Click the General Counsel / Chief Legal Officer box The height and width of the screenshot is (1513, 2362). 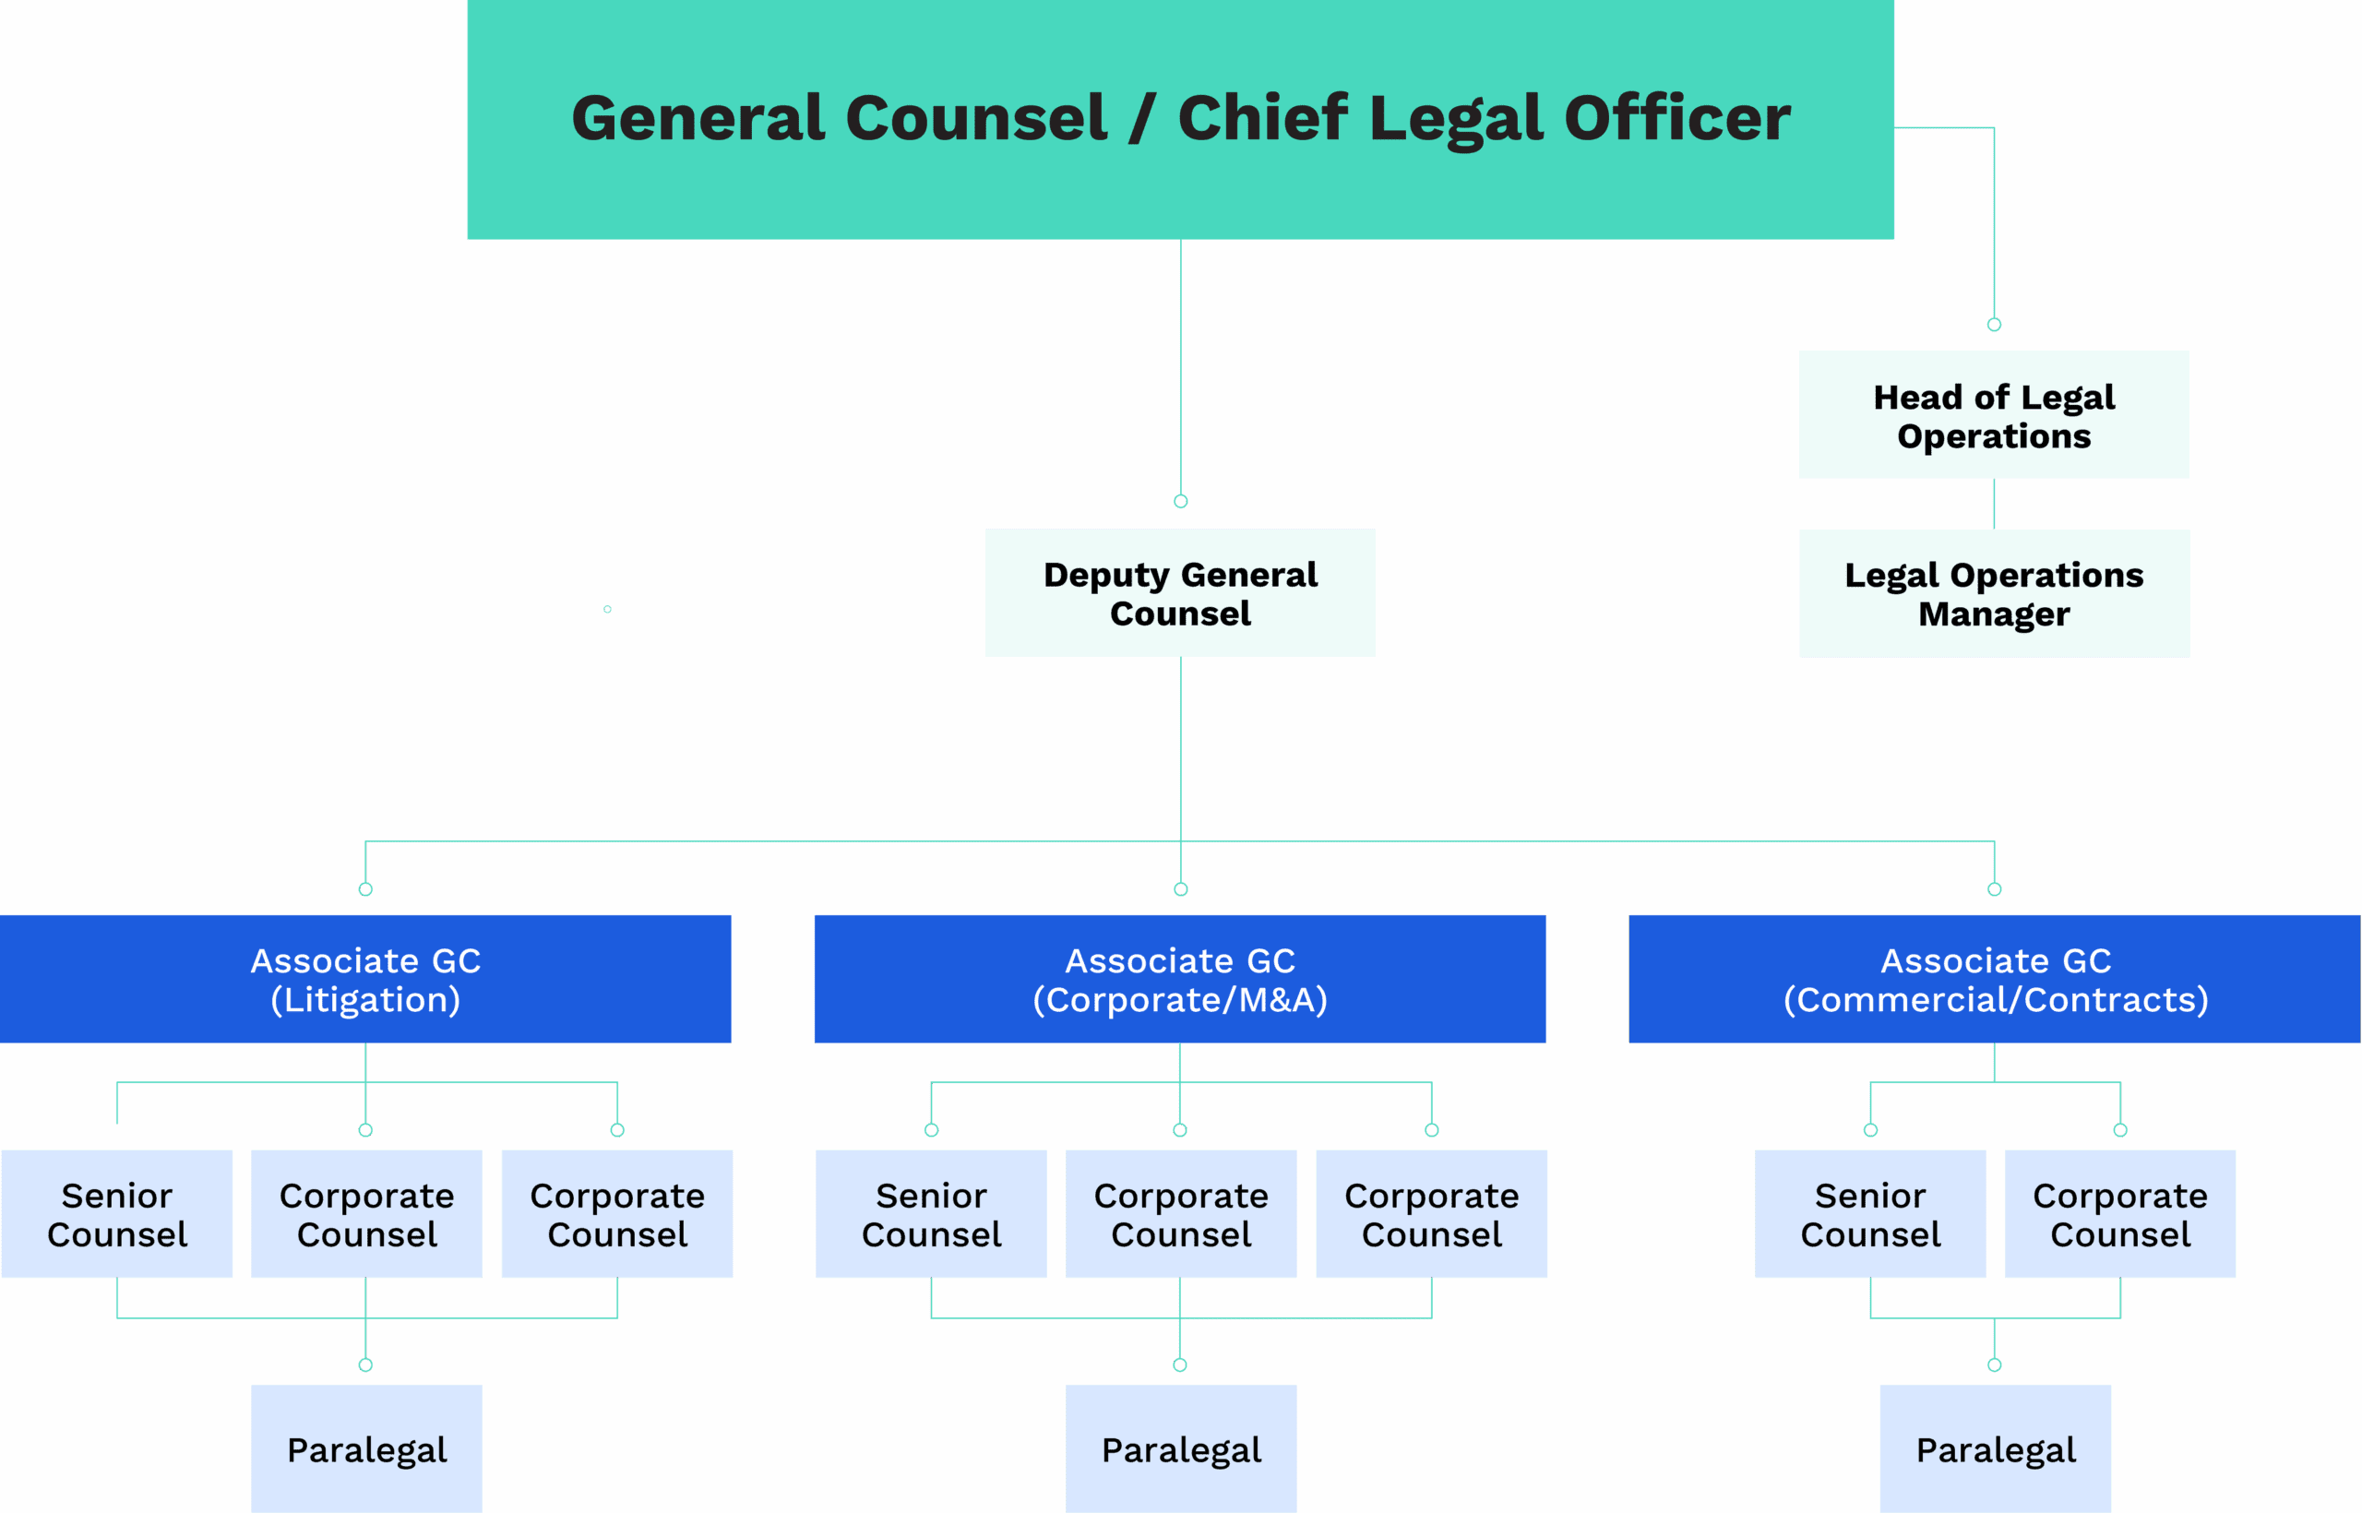tap(1180, 119)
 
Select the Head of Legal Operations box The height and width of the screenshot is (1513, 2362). tap(1994, 414)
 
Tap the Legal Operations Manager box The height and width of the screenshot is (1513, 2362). tap(1995, 593)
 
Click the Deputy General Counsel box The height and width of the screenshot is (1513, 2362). tap(1180, 592)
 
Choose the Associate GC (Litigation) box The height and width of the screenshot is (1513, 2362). tap(365, 979)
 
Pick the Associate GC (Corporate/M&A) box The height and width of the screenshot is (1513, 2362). tap(1180, 979)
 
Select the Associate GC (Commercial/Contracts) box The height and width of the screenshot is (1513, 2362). tap(1995, 979)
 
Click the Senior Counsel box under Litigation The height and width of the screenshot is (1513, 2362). tap(117, 1213)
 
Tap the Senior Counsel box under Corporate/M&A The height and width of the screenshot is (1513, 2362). tap(932, 1213)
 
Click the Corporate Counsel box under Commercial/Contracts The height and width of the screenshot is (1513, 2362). tap(2120, 1213)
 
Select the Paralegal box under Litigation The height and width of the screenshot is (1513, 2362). tap(366, 1449)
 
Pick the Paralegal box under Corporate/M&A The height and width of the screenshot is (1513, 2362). tap(1181, 1449)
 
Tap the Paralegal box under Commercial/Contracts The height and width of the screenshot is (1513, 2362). tap(1996, 1449)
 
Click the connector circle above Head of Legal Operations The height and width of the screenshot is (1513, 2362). tap(1995, 324)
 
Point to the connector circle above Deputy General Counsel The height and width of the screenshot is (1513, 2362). tap(1181, 501)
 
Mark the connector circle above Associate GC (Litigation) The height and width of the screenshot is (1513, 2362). tap(365, 889)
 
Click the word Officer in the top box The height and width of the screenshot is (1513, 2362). tap(1677, 118)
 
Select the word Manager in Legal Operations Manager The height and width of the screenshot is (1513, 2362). tap(1995, 614)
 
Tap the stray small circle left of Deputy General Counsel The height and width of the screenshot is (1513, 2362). tap(607, 609)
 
